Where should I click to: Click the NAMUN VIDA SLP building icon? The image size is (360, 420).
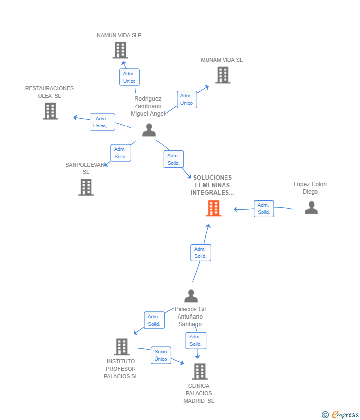click(120, 50)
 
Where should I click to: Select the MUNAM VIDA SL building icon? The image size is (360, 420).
click(223, 75)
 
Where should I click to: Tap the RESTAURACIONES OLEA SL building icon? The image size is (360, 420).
click(50, 111)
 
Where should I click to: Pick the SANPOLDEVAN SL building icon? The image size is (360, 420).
click(86, 187)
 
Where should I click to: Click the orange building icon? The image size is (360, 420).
click(213, 209)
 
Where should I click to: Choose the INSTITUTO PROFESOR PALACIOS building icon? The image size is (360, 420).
click(122, 347)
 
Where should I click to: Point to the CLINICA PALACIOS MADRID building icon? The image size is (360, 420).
click(200, 372)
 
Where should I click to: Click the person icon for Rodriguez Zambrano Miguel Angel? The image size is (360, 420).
click(149, 130)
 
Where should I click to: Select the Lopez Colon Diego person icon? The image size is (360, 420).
click(311, 208)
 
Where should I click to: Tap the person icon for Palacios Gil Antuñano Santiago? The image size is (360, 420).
click(191, 296)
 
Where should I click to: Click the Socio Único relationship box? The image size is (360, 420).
click(161, 355)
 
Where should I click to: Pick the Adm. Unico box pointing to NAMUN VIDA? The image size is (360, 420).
click(129, 77)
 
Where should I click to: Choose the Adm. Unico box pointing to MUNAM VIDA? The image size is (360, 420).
click(186, 99)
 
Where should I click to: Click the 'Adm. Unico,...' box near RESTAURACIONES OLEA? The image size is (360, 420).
click(102, 122)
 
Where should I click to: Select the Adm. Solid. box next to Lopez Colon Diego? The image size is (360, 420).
click(264, 209)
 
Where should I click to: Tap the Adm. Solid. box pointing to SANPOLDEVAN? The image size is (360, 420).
click(121, 153)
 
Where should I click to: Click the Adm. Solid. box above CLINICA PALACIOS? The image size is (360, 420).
click(196, 340)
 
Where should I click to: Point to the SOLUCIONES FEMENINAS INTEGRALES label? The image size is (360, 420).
click(213, 185)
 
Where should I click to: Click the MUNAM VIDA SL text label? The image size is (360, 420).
click(222, 60)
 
